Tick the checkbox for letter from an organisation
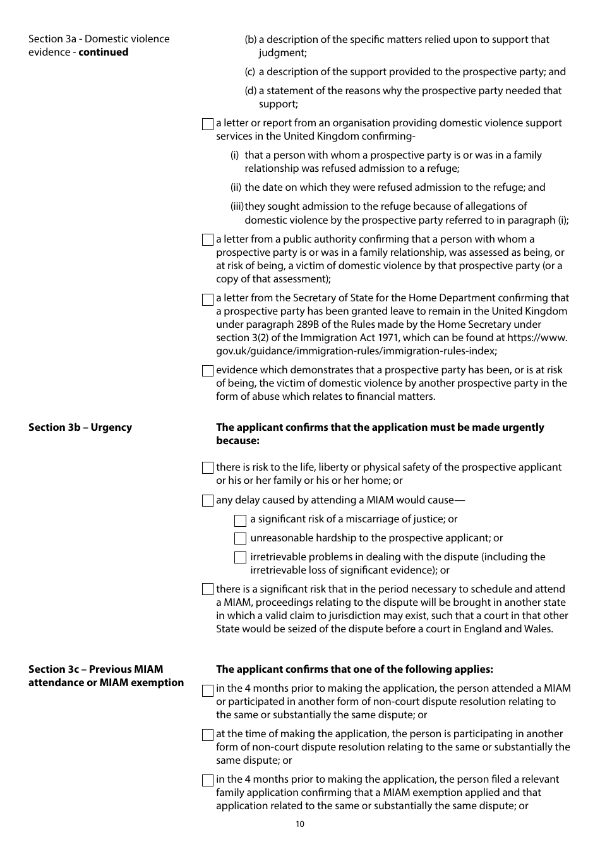[208, 124]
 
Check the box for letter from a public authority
[208, 240]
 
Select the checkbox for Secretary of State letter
[208, 299]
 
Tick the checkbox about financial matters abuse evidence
[208, 371]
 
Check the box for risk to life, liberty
[208, 468]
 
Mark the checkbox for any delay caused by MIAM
[208, 501]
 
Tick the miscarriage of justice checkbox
[240, 521]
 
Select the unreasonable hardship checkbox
[240, 539]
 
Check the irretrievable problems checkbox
[240, 558]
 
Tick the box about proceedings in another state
[208, 590]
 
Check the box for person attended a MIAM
[208, 690]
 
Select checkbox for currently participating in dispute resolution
[208, 735]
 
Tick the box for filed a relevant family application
[208, 781]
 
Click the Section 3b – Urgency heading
[80, 428]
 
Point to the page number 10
[299, 824]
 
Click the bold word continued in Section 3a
[103, 52]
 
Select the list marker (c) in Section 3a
[250, 72]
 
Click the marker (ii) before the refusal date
[236, 188]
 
